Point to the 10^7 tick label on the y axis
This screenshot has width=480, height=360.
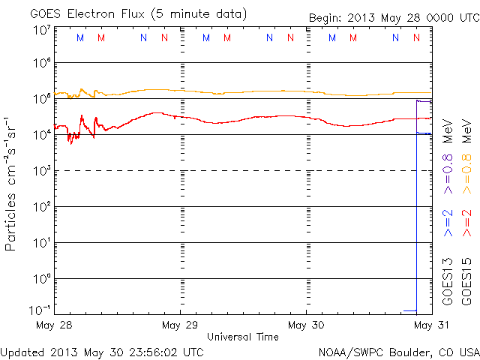click(42, 31)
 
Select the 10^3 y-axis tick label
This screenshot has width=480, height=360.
click(42, 171)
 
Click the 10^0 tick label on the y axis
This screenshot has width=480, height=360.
click(42, 279)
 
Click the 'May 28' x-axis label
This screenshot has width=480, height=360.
click(54, 325)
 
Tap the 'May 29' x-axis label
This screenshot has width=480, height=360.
click(180, 325)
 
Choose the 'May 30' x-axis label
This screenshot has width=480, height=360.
click(306, 325)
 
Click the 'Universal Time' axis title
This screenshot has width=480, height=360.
click(242, 337)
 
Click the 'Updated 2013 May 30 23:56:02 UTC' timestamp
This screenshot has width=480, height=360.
click(102, 351)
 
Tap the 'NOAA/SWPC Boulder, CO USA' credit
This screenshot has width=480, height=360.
click(398, 351)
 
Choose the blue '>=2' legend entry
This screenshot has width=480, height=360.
click(448, 223)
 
